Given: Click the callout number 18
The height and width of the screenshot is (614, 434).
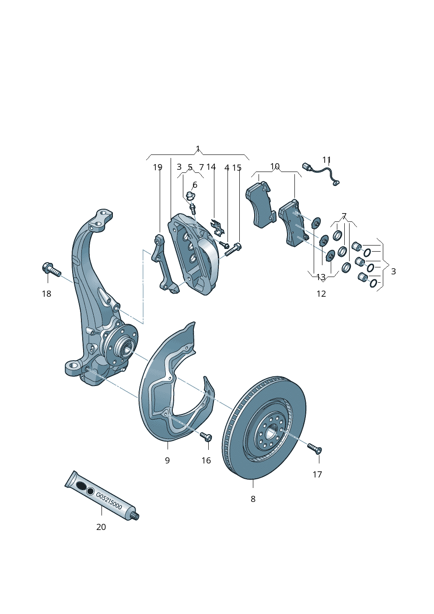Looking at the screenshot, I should pyautogui.click(x=46, y=294).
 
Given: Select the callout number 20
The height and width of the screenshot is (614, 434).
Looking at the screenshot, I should pyautogui.click(x=101, y=527).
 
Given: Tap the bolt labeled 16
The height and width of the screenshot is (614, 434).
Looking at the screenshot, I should pyautogui.click(x=206, y=436).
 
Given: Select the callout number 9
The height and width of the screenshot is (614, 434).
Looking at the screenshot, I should pyautogui.click(x=167, y=460).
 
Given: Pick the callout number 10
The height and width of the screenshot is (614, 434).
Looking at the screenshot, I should pyautogui.click(x=275, y=166).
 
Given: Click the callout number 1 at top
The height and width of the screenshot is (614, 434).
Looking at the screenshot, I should pyautogui.click(x=198, y=149).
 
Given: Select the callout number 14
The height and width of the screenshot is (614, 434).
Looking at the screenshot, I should pyautogui.click(x=211, y=167).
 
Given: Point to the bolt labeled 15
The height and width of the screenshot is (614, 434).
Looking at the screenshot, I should pyautogui.click(x=233, y=249).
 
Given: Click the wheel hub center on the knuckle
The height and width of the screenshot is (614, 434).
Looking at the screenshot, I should pyautogui.click(x=128, y=348).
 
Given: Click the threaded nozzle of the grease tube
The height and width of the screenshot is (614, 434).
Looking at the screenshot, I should pyautogui.click(x=135, y=516).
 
